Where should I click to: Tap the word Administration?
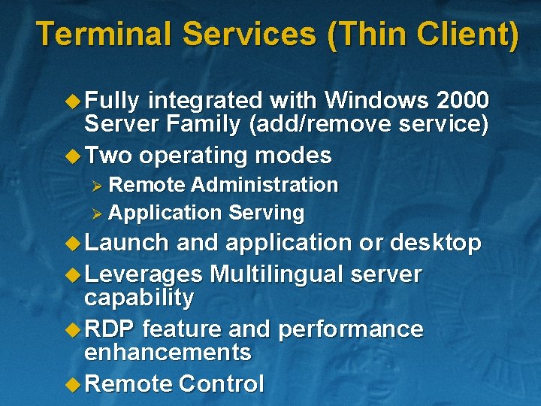coord(264,185)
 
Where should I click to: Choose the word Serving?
coord(266,214)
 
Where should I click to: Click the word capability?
coord(139,298)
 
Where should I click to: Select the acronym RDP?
coord(110,329)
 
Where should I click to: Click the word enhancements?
coord(168,352)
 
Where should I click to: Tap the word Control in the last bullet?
coord(221,384)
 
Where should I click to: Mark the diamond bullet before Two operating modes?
coord(73,156)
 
